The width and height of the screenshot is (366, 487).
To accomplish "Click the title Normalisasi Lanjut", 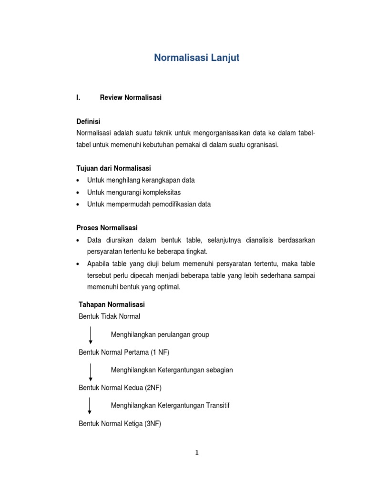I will [196, 58].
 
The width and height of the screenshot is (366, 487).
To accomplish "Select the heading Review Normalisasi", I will [131, 97].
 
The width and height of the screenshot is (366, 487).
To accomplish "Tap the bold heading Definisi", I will [88, 121].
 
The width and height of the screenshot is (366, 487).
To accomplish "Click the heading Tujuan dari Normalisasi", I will [113, 168].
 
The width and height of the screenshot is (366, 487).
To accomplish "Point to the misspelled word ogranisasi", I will [261, 145].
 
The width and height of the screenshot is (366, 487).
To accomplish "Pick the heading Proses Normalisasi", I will [107, 228].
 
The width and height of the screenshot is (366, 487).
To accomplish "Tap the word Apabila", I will [99, 263].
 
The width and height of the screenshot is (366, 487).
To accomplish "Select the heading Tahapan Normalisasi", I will [112, 304].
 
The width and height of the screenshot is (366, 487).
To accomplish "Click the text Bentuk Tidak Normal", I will [109, 316].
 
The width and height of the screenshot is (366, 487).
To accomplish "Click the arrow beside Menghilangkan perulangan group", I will [91, 334].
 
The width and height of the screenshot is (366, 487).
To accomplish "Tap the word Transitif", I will [214, 405].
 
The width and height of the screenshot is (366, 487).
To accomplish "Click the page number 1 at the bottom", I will [196, 452].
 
